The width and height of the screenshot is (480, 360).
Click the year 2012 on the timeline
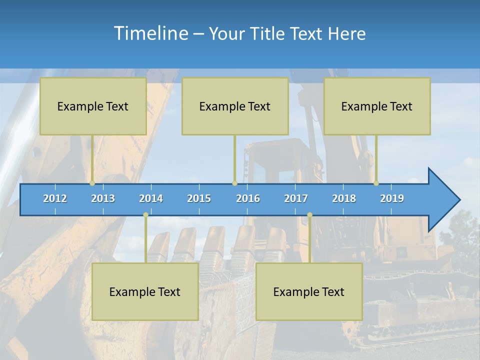click(x=55, y=198)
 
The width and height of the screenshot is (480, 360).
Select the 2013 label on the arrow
click(x=103, y=198)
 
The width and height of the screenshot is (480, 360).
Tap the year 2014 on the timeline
click(x=151, y=198)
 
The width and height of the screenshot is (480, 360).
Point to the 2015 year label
click(x=199, y=198)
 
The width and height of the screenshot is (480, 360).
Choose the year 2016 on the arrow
click(x=248, y=198)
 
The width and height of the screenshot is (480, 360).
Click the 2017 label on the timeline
click(x=296, y=198)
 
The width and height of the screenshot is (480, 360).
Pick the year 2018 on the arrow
click(x=344, y=198)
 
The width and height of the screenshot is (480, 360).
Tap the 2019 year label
click(x=392, y=198)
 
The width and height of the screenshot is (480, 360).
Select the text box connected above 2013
click(x=93, y=106)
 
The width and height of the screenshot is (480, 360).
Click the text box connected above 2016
click(x=235, y=106)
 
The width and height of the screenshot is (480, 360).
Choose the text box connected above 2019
click(x=377, y=106)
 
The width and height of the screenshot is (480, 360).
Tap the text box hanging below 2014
click(x=145, y=291)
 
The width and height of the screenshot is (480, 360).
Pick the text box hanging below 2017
click(x=309, y=291)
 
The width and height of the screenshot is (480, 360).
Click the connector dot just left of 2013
click(x=92, y=183)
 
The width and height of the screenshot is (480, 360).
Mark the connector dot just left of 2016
click(x=234, y=183)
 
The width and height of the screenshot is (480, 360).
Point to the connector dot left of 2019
click(x=376, y=183)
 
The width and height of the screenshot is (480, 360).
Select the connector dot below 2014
click(x=145, y=215)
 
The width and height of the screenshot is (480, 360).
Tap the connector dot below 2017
click(x=309, y=215)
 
